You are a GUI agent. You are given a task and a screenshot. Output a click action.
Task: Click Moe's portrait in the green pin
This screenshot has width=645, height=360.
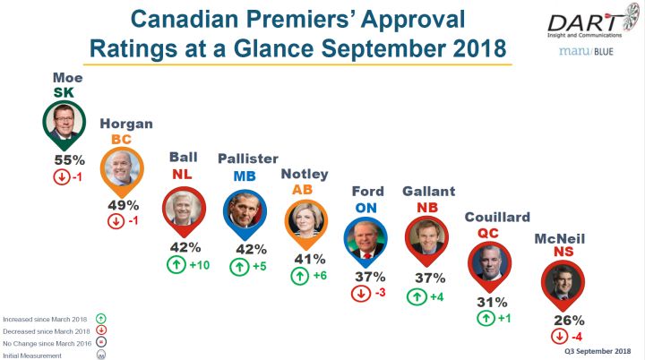point(65,128)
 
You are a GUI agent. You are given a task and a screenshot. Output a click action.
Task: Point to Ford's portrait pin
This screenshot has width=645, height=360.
point(364,237)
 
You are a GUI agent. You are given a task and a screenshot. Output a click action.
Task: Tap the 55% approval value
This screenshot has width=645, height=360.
point(65,160)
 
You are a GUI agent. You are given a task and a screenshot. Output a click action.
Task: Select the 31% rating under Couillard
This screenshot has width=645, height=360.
point(489,302)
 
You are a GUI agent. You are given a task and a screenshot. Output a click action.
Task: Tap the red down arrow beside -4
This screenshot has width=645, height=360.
point(558,337)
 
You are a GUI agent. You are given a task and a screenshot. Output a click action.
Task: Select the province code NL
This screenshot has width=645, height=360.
point(183,176)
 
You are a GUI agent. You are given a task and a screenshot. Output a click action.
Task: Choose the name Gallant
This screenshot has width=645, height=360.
point(427,192)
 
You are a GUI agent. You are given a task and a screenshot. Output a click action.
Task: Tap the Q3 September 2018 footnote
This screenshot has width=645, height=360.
point(598,351)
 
